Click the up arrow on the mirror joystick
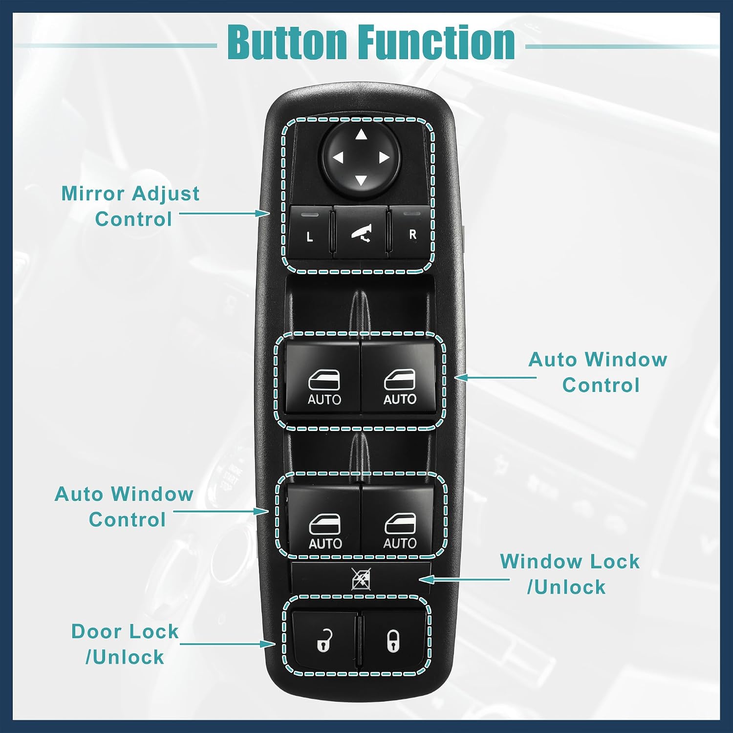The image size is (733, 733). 361,134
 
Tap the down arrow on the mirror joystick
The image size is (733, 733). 361,180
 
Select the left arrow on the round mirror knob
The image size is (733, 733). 338,157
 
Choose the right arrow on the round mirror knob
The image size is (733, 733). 384,157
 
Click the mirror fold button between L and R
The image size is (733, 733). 361,232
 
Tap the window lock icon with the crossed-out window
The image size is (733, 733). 361,579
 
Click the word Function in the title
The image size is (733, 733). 437,43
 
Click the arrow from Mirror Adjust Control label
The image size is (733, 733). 225,214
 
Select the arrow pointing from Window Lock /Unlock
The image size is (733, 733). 464,580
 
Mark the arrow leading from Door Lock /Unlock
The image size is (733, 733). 228,644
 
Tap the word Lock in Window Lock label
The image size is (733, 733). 614,561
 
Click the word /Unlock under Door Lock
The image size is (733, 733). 125,657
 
